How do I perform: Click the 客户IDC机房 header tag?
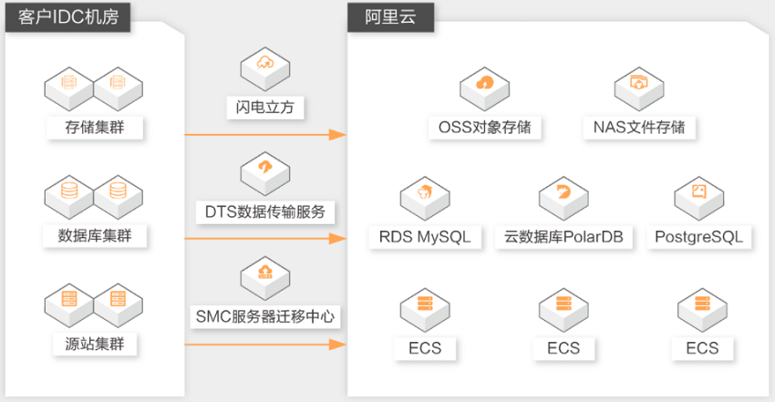67,17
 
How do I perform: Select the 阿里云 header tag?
390,17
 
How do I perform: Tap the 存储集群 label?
95,128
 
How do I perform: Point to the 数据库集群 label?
95,235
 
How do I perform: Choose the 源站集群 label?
95,344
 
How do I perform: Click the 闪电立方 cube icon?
265,68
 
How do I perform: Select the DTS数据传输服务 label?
265,211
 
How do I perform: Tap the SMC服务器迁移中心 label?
265,316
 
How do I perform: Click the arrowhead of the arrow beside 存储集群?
337,134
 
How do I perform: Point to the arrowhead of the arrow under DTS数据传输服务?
337,239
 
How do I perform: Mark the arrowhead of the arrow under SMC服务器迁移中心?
337,345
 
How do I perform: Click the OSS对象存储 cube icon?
484,89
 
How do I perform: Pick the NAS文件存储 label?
639,128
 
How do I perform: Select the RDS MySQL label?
425,237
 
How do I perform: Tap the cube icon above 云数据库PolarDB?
563,199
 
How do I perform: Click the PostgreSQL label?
699,237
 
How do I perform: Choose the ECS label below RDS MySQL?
425,348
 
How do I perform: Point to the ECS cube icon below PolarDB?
563,310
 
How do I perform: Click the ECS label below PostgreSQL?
702,348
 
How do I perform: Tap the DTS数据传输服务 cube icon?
265,174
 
